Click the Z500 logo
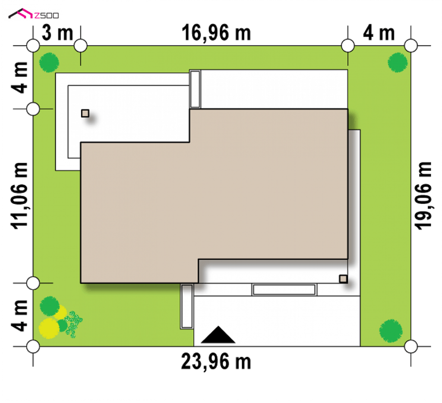point(34,14)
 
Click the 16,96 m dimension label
point(216,33)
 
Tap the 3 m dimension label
point(57,33)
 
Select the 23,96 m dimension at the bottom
point(216,361)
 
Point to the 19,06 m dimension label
point(423,196)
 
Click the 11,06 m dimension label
point(19,196)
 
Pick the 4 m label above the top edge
point(379,33)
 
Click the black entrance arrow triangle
point(218,335)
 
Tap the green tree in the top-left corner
point(49,62)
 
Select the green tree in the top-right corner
point(398,62)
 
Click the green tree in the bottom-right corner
point(391,331)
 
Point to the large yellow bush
point(49,328)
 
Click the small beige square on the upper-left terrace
point(85,113)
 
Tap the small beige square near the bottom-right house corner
point(343,279)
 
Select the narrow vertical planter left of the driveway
point(187,306)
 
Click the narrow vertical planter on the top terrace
point(195,89)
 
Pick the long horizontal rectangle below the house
point(284,290)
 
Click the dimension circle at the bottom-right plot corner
point(411,346)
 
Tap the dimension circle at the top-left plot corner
point(33,45)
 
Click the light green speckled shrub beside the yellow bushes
point(74,324)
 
